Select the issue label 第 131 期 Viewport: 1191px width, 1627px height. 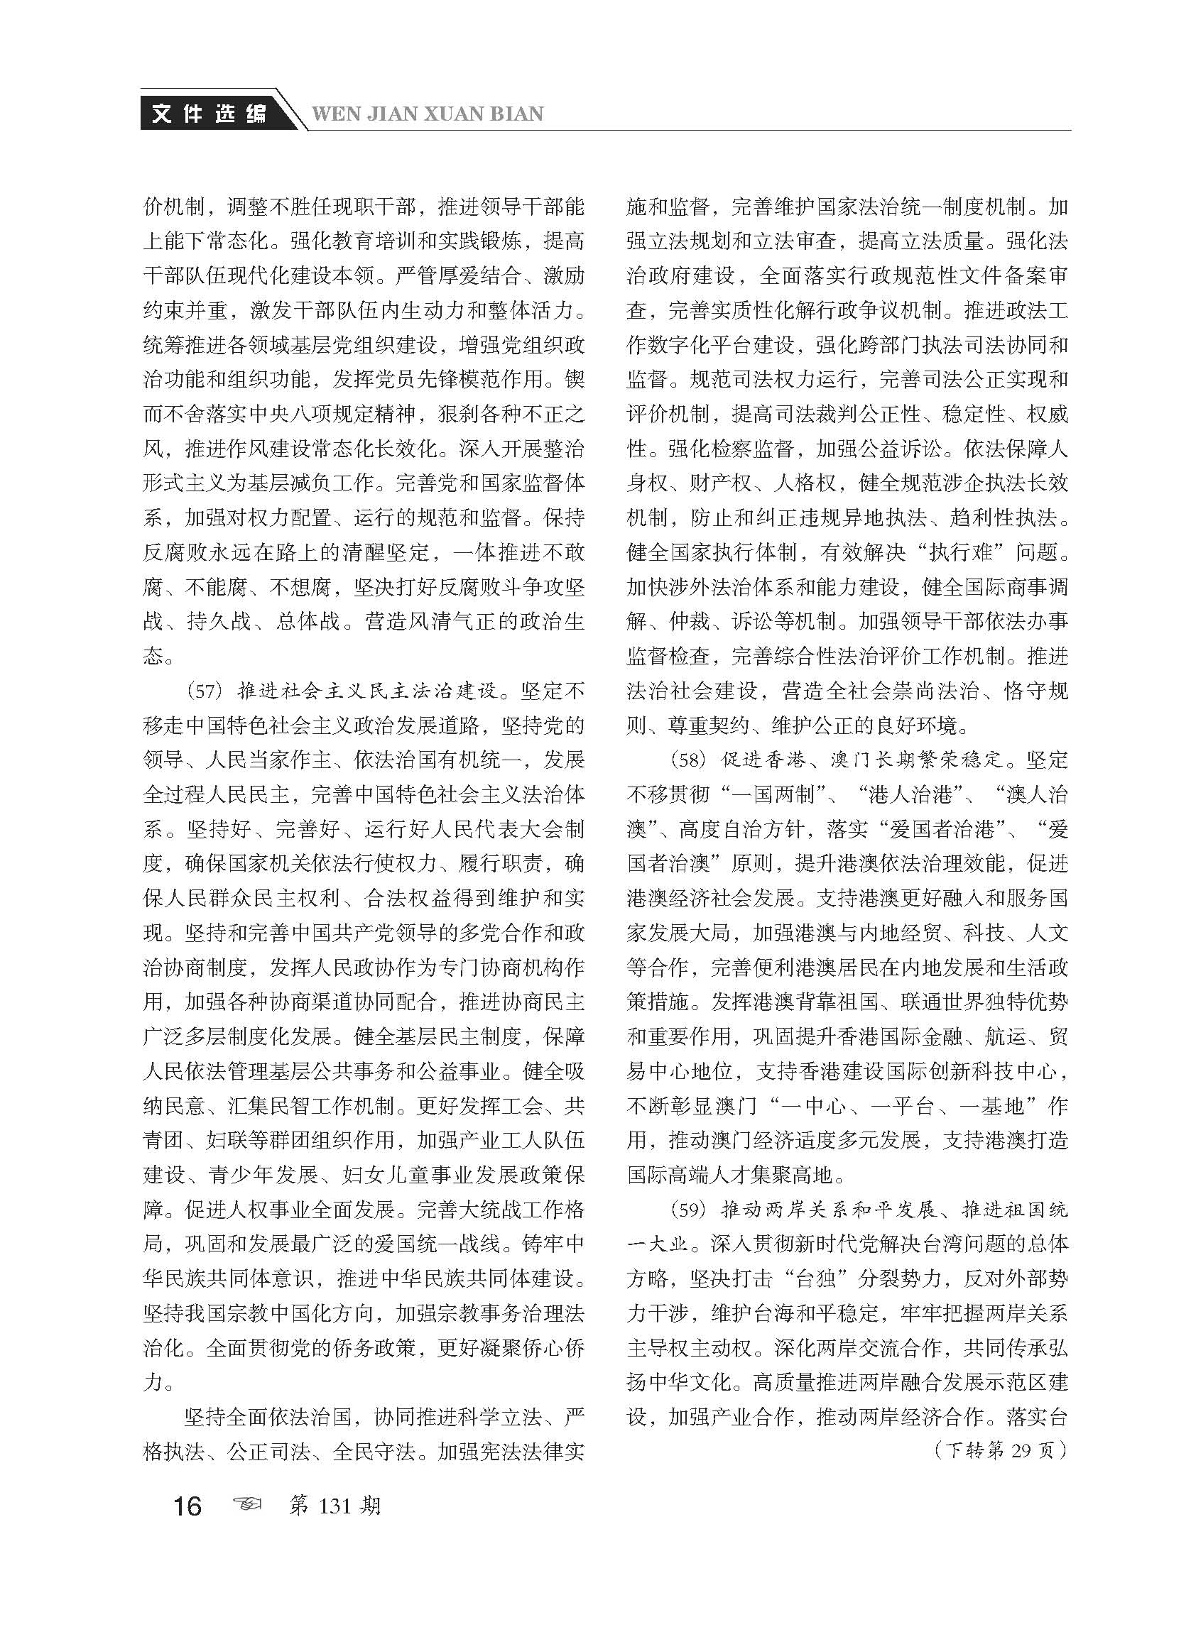coord(335,1505)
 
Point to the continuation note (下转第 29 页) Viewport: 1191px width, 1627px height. coord(999,1450)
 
